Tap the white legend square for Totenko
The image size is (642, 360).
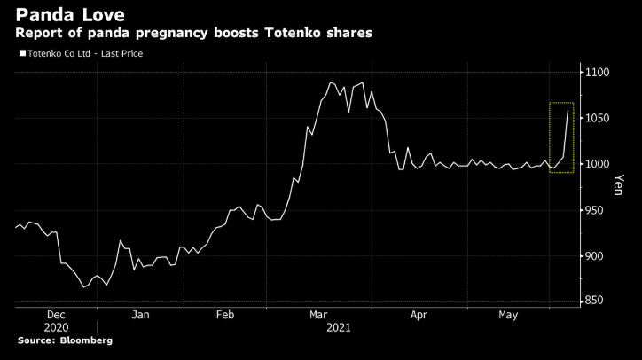(21, 54)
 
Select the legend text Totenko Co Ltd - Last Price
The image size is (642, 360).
(85, 54)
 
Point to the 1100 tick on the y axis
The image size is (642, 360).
(599, 72)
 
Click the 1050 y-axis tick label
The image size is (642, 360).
(599, 118)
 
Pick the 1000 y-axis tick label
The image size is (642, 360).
(599, 164)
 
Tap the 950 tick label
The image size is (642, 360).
(597, 210)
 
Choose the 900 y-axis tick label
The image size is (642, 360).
(597, 256)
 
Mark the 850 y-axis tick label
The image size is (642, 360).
(597, 302)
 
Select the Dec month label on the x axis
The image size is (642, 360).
(55, 315)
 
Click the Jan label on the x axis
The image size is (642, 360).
(141, 315)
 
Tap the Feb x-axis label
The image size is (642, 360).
(225, 315)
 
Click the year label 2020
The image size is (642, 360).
(55, 327)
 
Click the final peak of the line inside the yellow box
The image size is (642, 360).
(568, 109)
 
